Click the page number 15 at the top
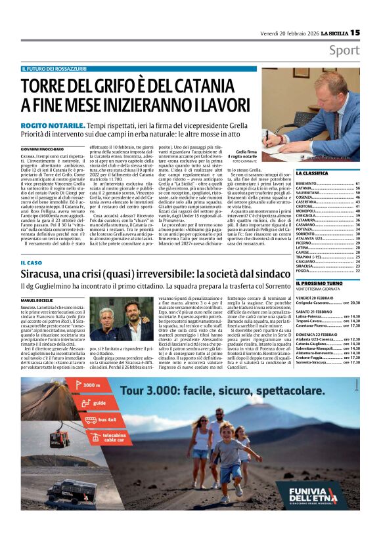(x=355, y=32)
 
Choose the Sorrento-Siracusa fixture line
(x=318, y=362)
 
